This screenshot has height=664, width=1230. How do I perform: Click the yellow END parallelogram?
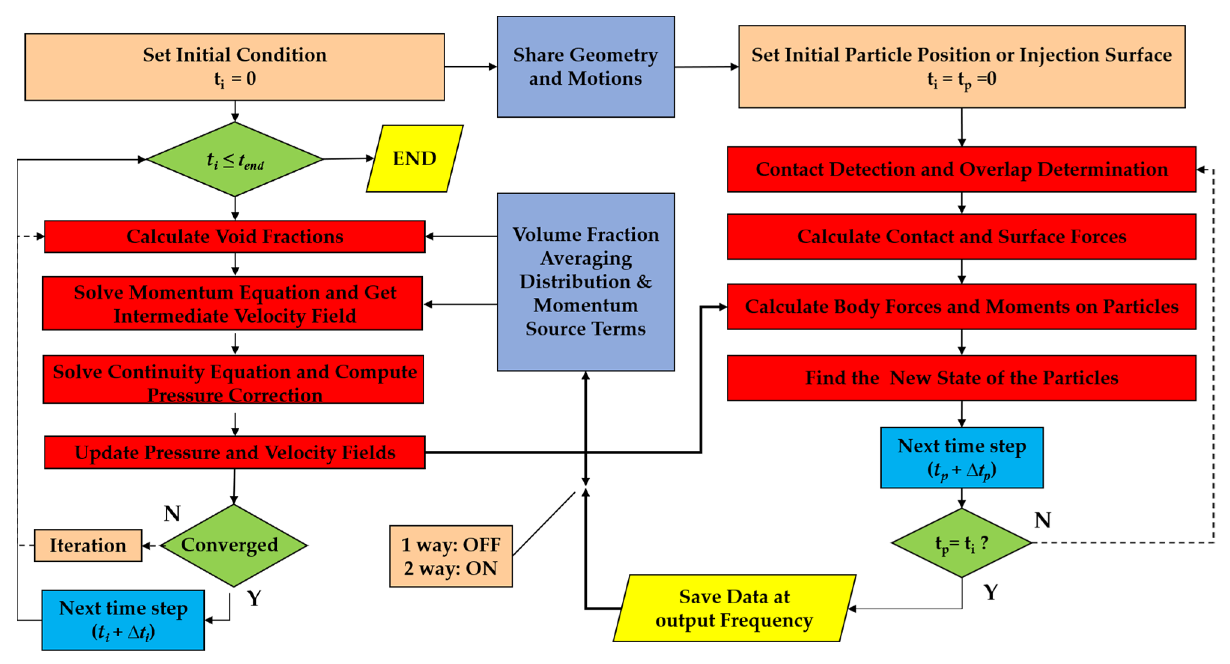point(414,158)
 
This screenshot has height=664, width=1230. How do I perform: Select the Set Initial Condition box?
point(234,67)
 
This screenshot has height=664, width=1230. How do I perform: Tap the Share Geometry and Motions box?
point(585,67)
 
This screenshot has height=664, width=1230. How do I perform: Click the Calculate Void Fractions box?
point(234,236)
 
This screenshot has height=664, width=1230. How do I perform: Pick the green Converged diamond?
point(234,545)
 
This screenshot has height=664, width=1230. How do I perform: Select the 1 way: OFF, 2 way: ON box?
point(451,556)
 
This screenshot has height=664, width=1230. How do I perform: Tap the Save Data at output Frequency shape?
point(734,608)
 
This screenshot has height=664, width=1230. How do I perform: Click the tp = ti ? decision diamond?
point(961,543)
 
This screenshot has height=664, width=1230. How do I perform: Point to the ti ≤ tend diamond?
point(234,160)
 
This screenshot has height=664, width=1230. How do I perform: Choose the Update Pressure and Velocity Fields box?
point(234,452)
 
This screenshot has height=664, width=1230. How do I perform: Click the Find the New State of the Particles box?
point(961,378)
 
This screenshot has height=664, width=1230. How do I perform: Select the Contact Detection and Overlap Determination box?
point(961,170)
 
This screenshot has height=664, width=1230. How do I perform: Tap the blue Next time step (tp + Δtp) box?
point(961,458)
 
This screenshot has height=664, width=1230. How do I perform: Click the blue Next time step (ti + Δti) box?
point(123,620)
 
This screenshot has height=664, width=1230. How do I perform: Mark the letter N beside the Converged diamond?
point(172,513)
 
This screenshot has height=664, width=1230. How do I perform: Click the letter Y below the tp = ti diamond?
point(991,592)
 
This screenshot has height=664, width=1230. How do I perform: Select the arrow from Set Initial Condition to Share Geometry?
point(470,67)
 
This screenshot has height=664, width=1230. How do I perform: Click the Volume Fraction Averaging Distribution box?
point(585,282)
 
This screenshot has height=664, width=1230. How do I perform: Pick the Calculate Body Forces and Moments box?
point(961,307)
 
